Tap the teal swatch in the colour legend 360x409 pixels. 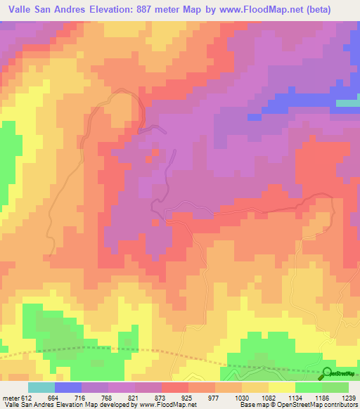(41, 388)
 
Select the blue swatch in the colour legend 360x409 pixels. (68, 388)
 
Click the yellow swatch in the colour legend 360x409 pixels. (281, 388)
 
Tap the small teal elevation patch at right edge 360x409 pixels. (348, 103)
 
